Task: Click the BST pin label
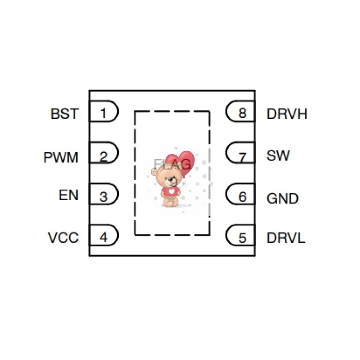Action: coord(65,114)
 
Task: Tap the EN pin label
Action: coord(69,196)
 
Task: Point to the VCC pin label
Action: coord(63,238)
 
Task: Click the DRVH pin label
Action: coord(287,114)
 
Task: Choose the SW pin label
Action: coord(278,156)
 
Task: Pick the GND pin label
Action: coord(283,198)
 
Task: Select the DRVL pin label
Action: coord(286,238)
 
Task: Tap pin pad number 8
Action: coord(242,113)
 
